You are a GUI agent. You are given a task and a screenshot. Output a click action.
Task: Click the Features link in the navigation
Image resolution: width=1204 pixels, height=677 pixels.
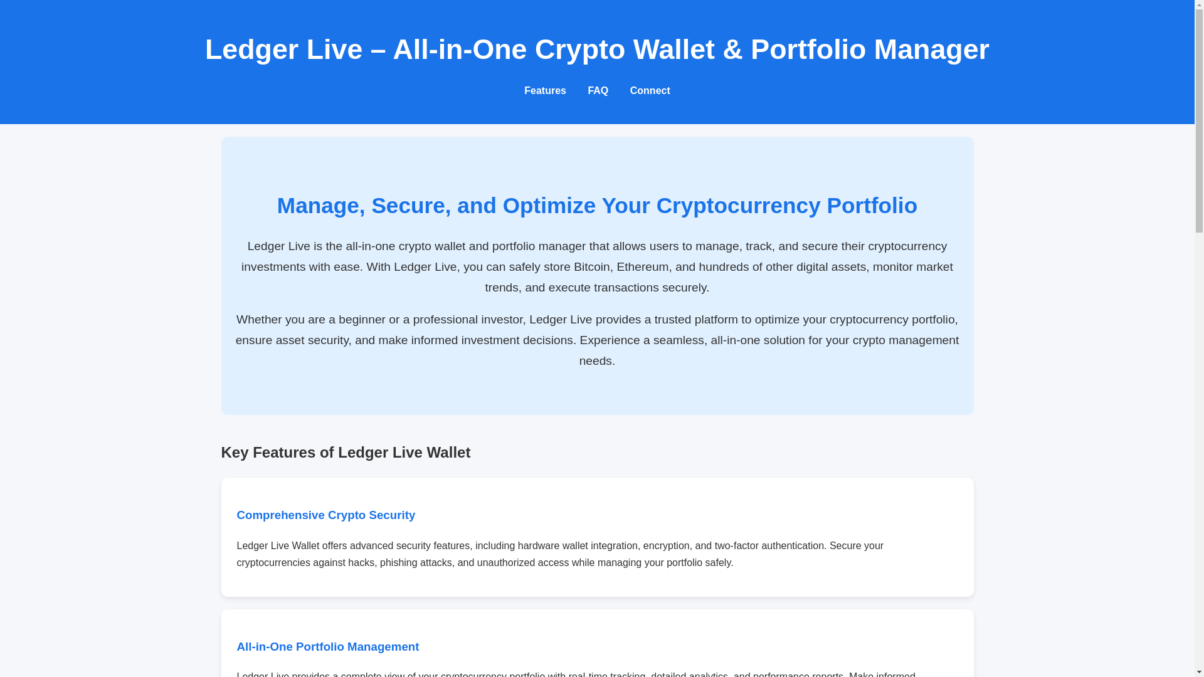[544, 91]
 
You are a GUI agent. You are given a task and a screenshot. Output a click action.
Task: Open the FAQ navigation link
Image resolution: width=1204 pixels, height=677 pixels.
[598, 91]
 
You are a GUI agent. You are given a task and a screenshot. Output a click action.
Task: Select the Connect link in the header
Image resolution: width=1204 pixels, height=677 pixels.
[650, 91]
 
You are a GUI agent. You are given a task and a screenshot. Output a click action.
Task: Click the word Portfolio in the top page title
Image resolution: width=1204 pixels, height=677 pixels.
[808, 50]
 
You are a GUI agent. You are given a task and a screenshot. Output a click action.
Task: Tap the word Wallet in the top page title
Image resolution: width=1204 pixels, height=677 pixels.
[673, 50]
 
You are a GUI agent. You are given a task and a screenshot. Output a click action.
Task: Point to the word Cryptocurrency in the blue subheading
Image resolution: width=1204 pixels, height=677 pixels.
[738, 206]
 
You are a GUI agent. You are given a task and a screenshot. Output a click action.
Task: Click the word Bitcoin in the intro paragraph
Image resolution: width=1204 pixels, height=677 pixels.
[591, 267]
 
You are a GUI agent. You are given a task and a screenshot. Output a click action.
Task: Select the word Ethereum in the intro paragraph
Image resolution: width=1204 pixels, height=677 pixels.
[642, 267]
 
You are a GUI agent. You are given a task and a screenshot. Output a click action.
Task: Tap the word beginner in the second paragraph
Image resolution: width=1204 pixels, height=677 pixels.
[362, 320]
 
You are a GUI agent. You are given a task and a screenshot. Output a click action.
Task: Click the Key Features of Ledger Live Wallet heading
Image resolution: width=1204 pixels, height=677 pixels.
[346, 453]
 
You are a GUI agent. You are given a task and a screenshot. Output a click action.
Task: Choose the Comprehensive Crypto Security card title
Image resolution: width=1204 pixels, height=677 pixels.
[326, 515]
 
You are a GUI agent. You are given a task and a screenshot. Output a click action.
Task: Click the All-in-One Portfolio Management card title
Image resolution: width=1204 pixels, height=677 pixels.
[328, 647]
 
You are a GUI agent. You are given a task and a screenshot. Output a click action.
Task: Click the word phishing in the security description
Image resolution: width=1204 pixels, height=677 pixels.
[398, 563]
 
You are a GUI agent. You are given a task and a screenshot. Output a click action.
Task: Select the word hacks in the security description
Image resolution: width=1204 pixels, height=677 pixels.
[361, 563]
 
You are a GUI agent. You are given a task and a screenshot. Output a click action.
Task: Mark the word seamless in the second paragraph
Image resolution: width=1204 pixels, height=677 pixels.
[678, 340]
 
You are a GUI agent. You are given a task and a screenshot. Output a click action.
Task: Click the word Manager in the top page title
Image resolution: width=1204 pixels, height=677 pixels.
[931, 50]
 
